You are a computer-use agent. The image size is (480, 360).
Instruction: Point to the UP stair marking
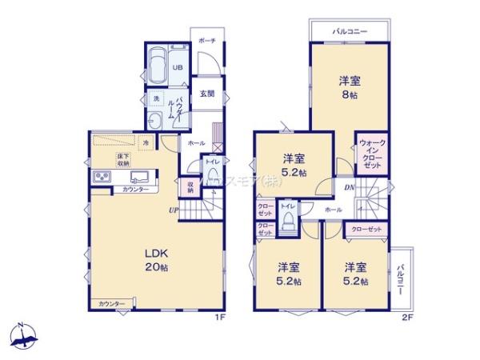tap(173, 210)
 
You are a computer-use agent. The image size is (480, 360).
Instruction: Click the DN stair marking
tap(350, 188)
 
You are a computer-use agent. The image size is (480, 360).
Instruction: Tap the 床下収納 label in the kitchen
tap(122, 159)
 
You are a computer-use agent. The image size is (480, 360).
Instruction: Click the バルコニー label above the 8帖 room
tap(350, 31)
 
